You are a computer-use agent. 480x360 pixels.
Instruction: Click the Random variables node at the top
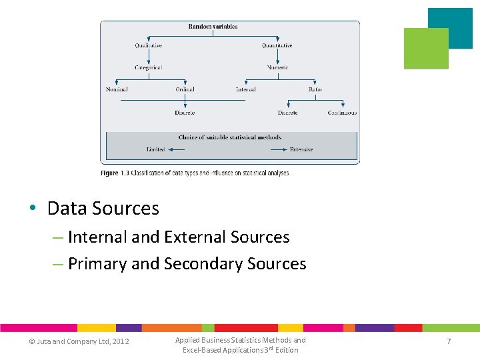[213, 27]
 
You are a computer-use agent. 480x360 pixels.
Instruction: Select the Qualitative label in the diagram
[148, 46]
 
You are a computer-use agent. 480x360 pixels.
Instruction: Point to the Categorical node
[148, 68]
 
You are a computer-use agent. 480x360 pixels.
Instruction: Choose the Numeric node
[278, 68]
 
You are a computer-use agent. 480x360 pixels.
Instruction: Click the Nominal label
[117, 89]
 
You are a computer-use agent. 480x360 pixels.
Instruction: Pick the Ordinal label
[185, 89]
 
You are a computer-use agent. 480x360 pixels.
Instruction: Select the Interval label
[245, 89]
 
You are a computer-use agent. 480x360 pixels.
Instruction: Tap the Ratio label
[315, 89]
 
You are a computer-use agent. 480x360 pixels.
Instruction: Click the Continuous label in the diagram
[342, 113]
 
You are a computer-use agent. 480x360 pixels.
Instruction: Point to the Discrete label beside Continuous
[287, 113]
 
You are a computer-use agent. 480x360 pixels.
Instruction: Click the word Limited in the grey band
[155, 150]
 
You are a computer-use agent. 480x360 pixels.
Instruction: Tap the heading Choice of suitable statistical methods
[229, 137]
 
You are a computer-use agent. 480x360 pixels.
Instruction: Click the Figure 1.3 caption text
[195, 173]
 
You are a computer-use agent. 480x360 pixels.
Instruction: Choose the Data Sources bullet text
[103, 209]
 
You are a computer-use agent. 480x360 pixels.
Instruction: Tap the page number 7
[449, 341]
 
